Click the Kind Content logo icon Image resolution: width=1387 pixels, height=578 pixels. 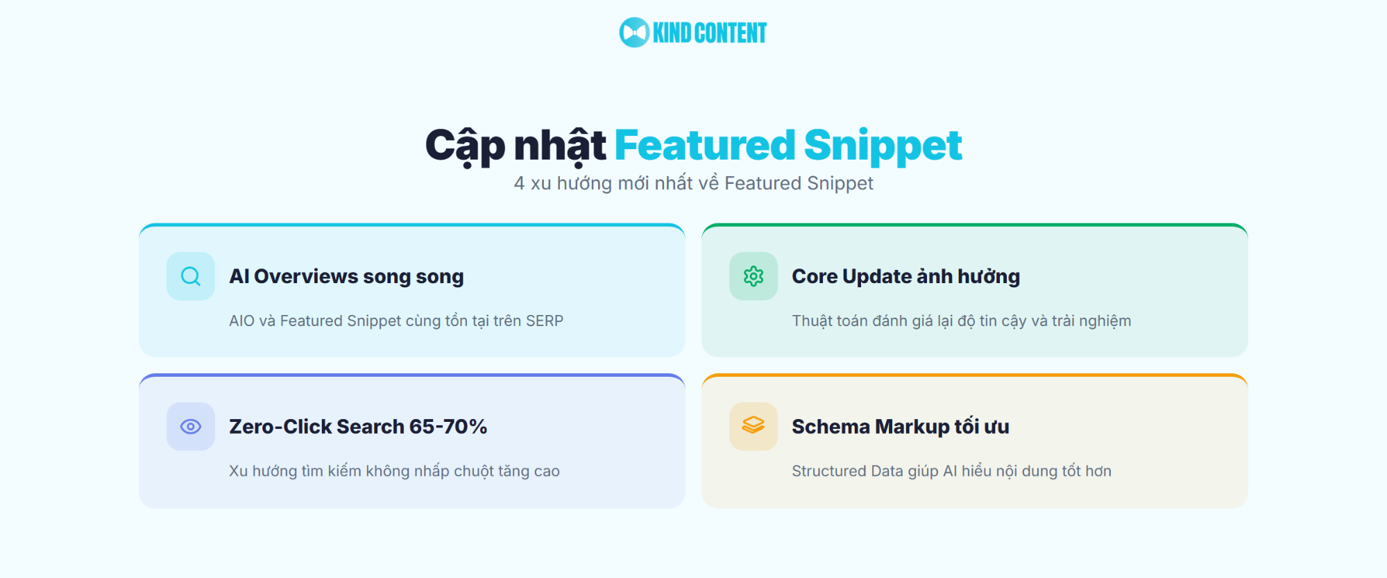[634, 33]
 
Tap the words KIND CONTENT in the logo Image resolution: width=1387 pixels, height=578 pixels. [709, 33]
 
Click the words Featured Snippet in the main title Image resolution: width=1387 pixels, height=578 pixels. [788, 145]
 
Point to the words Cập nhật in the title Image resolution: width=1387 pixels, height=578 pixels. [516, 146]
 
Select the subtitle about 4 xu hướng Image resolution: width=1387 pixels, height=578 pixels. [693, 183]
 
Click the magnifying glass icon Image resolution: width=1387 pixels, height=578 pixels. [191, 276]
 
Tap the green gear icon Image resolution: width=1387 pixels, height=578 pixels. [754, 276]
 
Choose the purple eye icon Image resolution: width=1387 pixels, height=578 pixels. [191, 426]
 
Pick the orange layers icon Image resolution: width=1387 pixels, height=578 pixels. [754, 425]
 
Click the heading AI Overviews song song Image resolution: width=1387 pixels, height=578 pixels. [346, 276]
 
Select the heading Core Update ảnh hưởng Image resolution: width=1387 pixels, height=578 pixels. [905, 276]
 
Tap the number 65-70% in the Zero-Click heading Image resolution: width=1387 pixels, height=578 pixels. [448, 427]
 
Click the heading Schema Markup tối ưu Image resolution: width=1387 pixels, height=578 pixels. [900, 427]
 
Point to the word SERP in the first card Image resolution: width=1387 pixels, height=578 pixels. [545, 321]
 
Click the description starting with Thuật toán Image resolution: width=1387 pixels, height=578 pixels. [961, 321]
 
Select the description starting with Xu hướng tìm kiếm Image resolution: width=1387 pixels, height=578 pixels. [394, 471]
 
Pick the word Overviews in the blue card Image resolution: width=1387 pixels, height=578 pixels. [306, 276]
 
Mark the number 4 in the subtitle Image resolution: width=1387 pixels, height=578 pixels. [519, 183]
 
